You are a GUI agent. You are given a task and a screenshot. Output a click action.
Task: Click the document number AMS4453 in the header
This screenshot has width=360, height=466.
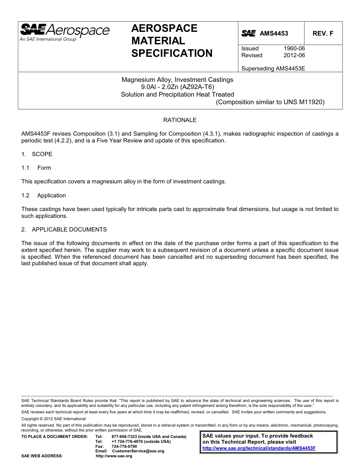pos(274,33)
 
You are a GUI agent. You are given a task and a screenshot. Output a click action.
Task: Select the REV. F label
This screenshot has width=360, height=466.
pos(323,33)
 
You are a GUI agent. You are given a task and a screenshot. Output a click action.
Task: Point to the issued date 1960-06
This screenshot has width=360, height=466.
pos(294,48)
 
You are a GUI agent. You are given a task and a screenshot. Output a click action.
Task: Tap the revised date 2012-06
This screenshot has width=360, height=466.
pos(294,55)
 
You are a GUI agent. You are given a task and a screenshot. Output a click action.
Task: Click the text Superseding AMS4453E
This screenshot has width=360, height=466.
pos(273,69)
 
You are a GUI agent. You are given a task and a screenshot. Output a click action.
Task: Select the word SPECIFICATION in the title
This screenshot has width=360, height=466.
pos(172,53)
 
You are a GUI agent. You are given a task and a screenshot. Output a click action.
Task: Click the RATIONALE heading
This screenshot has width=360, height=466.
pos(180,120)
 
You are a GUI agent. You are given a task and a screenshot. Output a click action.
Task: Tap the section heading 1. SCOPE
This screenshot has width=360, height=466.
pos(37,154)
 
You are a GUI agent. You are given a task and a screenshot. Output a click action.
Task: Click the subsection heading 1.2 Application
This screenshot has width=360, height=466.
pos(44,195)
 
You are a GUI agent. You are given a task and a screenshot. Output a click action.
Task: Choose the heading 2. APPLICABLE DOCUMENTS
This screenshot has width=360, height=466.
pos(64,230)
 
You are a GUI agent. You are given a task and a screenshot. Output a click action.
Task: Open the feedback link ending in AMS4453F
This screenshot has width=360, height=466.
pos(259,448)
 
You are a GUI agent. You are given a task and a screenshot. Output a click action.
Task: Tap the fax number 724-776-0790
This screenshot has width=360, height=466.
pos(124,446)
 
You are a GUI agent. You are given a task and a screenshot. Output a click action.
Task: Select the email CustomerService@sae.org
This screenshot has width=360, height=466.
pos(138,451)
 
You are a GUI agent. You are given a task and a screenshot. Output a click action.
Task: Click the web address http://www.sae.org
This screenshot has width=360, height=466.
pos(114,456)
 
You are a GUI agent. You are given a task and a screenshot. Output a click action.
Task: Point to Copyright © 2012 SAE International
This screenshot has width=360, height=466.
pos(53,419)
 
